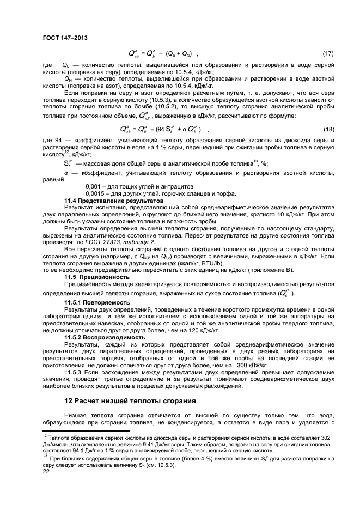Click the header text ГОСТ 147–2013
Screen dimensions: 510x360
(x=65, y=37)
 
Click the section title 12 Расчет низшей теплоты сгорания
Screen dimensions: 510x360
(x=130, y=401)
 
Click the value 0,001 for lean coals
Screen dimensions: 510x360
(x=94, y=187)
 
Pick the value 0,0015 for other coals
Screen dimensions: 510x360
(x=95, y=194)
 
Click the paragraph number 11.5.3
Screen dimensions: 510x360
(x=73, y=373)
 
